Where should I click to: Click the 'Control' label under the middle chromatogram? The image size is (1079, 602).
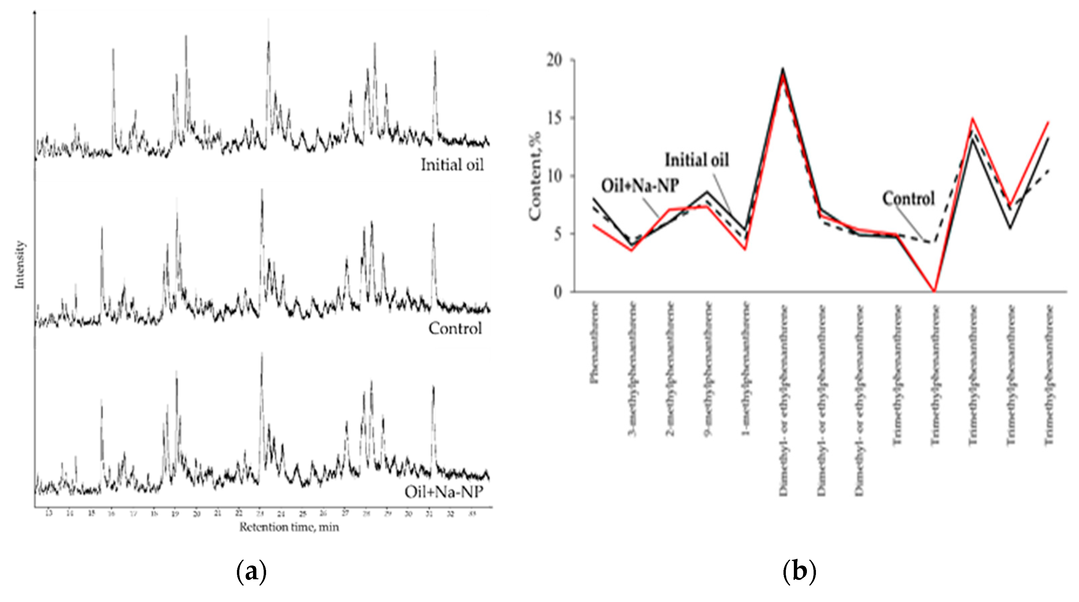[455, 329]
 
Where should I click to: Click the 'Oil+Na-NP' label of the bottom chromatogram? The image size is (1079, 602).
[443, 491]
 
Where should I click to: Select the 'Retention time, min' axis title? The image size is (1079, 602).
[289, 527]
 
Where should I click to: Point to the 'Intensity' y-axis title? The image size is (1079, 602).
[20, 264]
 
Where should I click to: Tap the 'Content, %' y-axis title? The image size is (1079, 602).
[535, 176]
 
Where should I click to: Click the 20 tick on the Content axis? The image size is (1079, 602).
[554, 60]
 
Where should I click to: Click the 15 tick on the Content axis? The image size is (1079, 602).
[554, 118]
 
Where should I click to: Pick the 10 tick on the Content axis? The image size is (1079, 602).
[554, 176]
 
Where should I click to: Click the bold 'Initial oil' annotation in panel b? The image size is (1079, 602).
[697, 160]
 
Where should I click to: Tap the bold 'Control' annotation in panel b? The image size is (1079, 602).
[908, 198]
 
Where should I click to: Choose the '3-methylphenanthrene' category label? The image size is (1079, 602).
[633, 369]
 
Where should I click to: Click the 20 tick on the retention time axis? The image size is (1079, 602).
[196, 514]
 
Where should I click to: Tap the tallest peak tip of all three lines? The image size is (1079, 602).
[782, 69]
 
